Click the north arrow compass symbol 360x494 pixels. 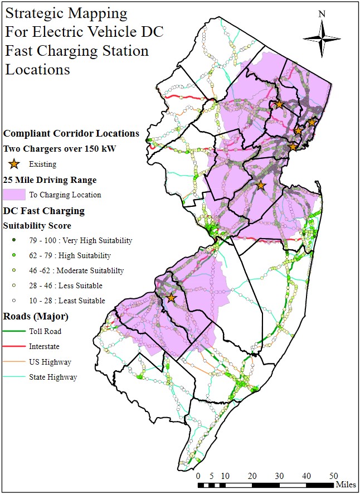point(322,37)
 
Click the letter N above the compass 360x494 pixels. point(322,14)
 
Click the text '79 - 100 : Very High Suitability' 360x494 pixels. point(81,241)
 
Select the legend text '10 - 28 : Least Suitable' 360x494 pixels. point(67,301)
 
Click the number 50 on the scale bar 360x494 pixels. point(333,476)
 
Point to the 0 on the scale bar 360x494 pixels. point(198,476)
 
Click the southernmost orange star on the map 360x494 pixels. point(171,298)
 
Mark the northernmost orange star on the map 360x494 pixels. point(279,104)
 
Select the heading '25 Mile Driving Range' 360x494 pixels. point(50,180)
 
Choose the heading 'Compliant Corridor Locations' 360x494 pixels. point(71,133)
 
